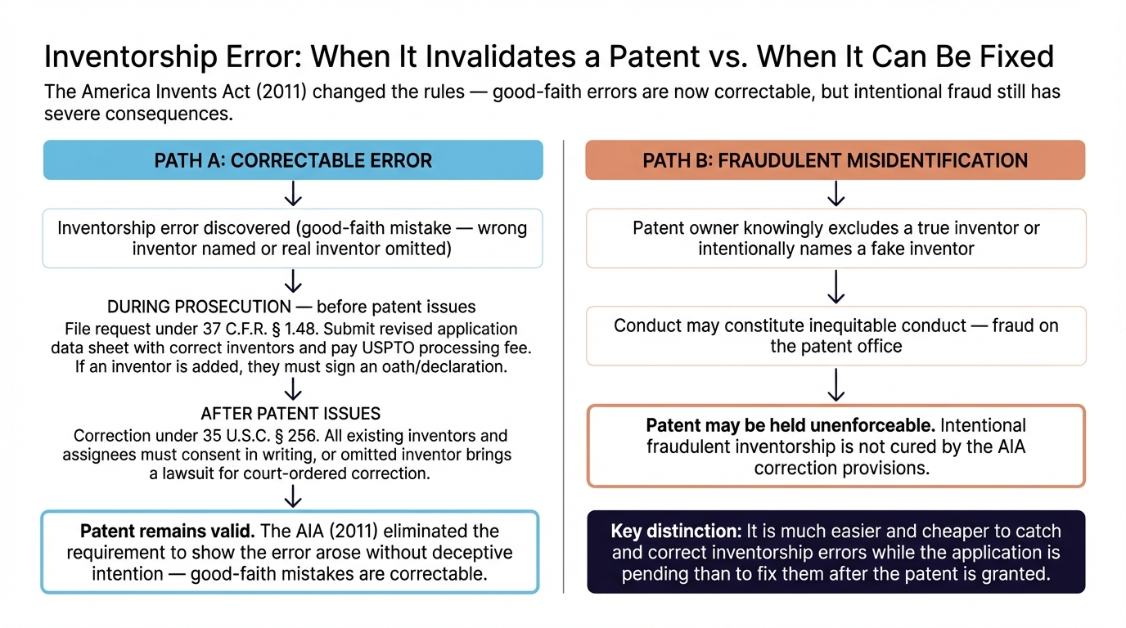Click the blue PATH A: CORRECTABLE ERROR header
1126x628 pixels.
[x=292, y=160]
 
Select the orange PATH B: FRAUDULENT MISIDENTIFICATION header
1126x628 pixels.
[x=835, y=160]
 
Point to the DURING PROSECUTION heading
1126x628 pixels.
[x=199, y=307]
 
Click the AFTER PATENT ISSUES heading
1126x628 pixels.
[x=292, y=414]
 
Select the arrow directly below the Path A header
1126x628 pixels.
[x=292, y=194]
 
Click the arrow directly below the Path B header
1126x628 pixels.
[x=835, y=194]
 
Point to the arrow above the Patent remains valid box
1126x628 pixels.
[x=292, y=496]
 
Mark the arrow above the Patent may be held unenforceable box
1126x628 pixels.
[x=835, y=384]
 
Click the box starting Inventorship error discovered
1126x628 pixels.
[x=292, y=238]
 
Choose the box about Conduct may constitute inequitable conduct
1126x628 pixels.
[x=835, y=335]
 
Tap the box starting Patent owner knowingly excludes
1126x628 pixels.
[x=835, y=238]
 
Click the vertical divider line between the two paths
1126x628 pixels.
[x=564, y=368]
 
